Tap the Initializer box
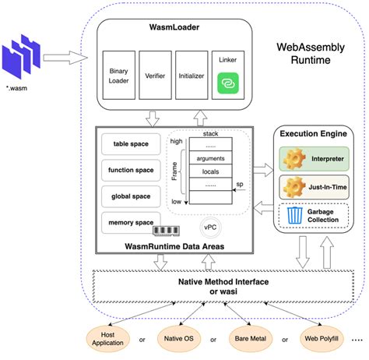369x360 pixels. click(x=192, y=78)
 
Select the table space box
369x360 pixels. click(x=130, y=143)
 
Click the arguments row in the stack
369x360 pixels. click(x=209, y=158)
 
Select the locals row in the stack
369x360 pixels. click(x=209, y=171)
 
